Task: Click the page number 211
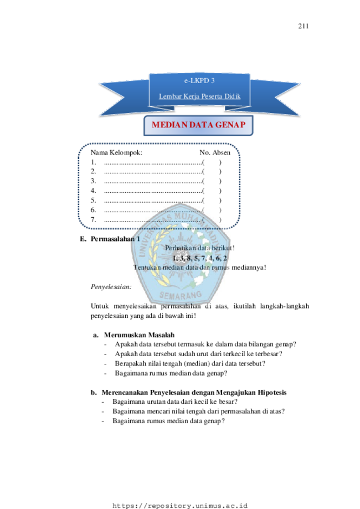pos(303,26)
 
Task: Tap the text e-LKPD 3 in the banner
pos(199,80)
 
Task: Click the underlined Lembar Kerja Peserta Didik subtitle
pos(199,96)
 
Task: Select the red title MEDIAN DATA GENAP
pos(198,125)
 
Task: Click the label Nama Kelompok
pos(116,152)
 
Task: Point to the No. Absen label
pos(215,152)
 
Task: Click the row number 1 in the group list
pos(93,162)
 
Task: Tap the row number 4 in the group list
pos(93,191)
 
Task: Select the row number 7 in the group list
pos(93,219)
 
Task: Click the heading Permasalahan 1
pos(115,239)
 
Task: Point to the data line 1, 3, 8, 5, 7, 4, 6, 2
pos(199,258)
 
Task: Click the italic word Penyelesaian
pos(111,287)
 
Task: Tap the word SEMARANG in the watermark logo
pos(181,295)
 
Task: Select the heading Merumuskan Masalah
pos(139,335)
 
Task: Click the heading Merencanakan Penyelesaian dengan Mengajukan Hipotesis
pos(194,393)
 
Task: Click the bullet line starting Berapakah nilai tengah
pos(190,363)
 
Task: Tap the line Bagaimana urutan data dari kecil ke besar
pos(175,402)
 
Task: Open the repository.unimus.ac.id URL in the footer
pos(180,506)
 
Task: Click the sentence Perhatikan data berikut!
pos(199,248)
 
